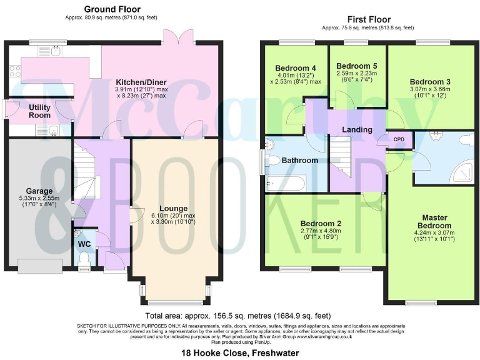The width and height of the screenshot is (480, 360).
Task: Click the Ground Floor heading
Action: pos(112,9)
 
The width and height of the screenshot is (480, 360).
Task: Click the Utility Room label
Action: pos(40,111)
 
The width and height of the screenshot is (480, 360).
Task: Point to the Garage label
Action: pos(39,191)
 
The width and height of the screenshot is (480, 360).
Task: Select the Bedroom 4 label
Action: pos(295,68)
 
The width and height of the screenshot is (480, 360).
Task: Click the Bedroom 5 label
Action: pos(356,66)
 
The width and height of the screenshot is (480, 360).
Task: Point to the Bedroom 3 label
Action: pos(430,81)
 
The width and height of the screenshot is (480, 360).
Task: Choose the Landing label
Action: pos(357,129)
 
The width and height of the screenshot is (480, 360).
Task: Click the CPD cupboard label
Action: pos(398,139)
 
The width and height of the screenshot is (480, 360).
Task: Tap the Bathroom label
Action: pos(299,160)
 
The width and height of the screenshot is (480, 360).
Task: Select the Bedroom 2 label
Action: pos(320,223)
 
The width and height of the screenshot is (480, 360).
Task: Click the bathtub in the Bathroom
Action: pos(284,183)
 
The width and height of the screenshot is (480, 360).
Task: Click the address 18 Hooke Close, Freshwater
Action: pos(240,353)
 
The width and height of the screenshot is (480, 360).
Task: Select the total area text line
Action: pos(240,316)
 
